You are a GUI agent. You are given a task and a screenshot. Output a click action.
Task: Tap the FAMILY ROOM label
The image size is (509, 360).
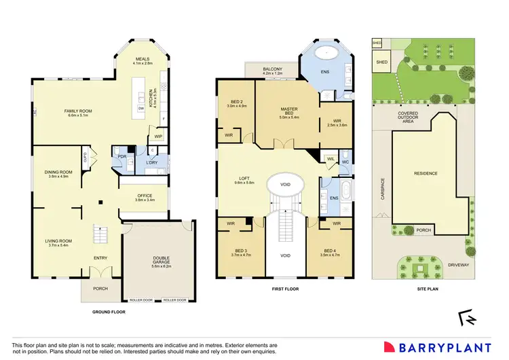78,111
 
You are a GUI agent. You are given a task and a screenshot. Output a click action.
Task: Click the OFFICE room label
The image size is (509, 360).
145,196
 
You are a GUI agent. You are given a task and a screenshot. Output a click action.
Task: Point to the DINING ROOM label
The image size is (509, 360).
58,173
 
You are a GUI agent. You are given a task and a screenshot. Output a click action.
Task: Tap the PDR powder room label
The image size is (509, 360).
123,157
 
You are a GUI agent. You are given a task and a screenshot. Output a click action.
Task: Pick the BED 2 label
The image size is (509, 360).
232,103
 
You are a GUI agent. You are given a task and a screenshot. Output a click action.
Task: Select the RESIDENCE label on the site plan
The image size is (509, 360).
426,173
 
